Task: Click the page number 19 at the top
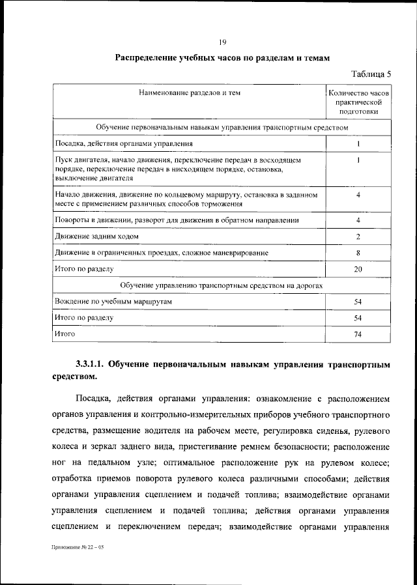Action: coord(222,42)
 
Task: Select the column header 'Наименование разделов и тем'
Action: coord(190,93)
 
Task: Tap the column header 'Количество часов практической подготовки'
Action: coord(359,102)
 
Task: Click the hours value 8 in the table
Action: coord(358,252)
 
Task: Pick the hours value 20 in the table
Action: coord(358,268)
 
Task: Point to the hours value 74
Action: coord(358,334)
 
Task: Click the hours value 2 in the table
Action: coord(358,236)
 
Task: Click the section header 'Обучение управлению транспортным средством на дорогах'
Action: coord(222,285)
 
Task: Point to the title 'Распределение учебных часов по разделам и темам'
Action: coord(222,58)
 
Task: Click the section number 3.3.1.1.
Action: coord(95,364)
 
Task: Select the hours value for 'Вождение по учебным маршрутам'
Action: coord(358,302)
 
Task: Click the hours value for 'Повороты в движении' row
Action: coord(358,220)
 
